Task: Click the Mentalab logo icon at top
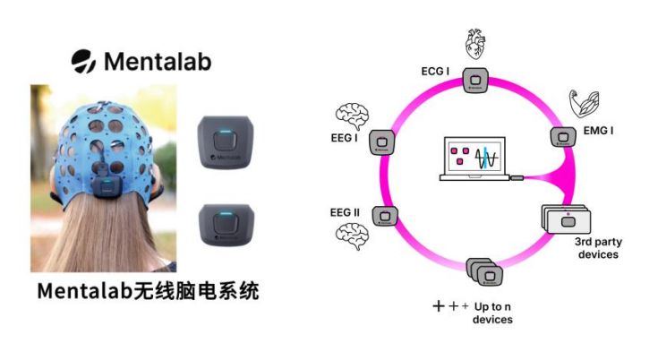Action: pos(84,61)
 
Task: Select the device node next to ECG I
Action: pos(474,81)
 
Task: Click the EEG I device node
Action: pos(384,140)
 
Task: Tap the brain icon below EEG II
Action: pos(351,236)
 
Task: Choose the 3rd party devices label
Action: pos(595,248)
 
